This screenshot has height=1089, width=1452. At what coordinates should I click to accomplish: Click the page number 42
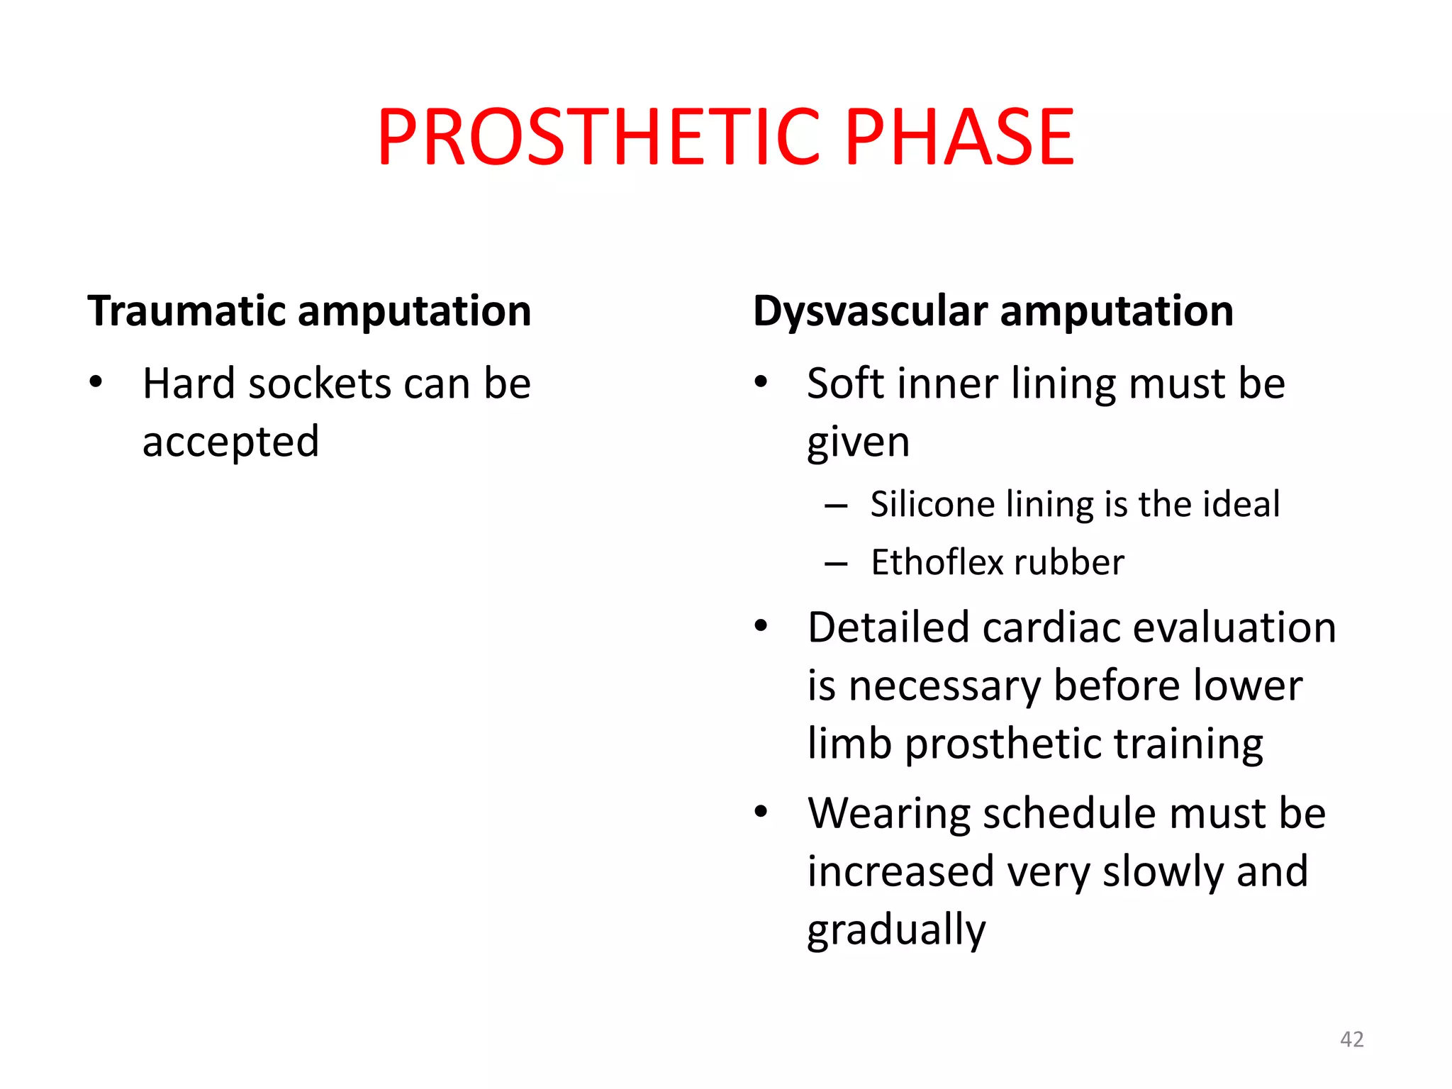coord(1351,1039)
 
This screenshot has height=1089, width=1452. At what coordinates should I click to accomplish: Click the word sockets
coord(320,384)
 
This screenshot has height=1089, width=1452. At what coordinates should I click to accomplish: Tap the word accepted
coord(230,442)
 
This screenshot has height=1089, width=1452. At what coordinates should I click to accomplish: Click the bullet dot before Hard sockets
coord(96,383)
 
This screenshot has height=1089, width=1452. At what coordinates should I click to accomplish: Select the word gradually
coord(896,930)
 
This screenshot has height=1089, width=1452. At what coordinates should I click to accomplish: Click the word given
coord(858,444)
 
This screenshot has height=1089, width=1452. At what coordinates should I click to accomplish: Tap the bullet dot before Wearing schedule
coord(761,812)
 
